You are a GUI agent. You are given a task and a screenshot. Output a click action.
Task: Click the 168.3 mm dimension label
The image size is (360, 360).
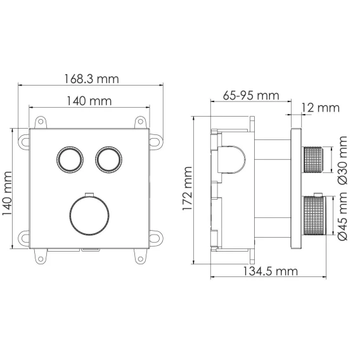tap(91, 79)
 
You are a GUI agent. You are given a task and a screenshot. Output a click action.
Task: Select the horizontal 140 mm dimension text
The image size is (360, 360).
tap(89, 101)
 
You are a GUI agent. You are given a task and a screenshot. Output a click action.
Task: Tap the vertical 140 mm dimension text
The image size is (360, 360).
tap(7, 193)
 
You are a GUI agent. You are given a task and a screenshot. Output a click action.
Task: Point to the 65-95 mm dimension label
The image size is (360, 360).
tap(251, 95)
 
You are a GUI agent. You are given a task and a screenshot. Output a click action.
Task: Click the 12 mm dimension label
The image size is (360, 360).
tap(321, 108)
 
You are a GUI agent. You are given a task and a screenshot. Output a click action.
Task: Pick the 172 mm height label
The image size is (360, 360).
tap(187, 188)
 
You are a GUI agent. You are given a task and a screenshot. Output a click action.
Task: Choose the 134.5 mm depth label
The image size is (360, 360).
tap(270, 271)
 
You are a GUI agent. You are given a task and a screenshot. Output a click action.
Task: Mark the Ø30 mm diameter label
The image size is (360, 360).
tap(343, 160)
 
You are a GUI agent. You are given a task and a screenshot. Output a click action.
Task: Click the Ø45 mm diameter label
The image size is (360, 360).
tap(343, 216)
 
